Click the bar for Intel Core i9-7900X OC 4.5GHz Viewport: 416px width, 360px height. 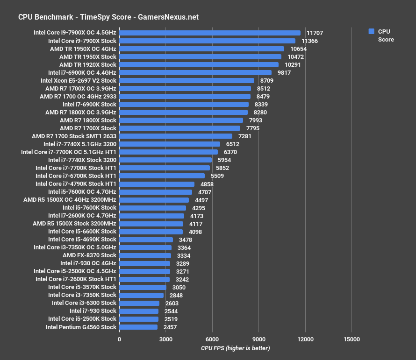click(x=210, y=33)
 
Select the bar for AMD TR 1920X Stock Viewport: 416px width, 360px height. click(x=199, y=64)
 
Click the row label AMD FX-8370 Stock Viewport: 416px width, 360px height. click(x=89, y=255)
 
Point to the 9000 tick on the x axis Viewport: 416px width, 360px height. click(x=258, y=339)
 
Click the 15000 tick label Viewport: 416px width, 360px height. click(x=351, y=339)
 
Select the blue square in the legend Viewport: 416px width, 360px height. click(x=372, y=31)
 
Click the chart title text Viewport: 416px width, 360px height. click(x=108, y=17)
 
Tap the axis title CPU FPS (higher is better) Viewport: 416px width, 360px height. click(x=235, y=348)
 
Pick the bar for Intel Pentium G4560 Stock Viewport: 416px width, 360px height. click(x=138, y=327)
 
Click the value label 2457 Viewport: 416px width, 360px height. click(x=170, y=327)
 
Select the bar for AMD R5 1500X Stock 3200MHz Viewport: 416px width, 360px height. click(x=151, y=224)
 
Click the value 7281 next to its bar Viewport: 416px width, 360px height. click(x=245, y=136)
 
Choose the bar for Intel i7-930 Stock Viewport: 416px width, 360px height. click(x=139, y=311)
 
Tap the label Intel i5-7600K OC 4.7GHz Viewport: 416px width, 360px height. click(x=82, y=192)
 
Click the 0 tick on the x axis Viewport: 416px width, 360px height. click(x=119, y=339)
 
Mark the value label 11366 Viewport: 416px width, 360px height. click(x=310, y=41)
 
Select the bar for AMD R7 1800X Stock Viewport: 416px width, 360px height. click(x=181, y=120)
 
